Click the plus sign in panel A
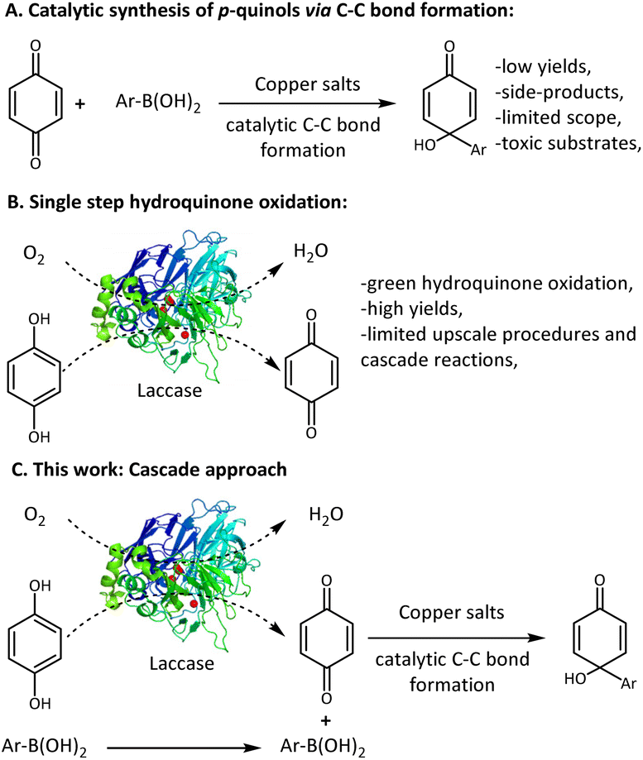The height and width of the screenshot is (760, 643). tap(80, 104)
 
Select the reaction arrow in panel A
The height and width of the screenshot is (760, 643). tap(307, 103)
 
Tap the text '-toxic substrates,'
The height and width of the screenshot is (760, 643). tap(568, 143)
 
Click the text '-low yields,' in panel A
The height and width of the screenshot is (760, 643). tap(543, 66)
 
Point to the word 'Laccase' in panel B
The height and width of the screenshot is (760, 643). tap(170, 390)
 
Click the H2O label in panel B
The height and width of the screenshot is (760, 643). tap(311, 251)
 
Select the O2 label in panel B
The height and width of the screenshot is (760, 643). tap(34, 254)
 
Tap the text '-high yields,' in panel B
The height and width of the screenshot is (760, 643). tap(411, 308)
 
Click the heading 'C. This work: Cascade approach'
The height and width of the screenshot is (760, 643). tap(149, 470)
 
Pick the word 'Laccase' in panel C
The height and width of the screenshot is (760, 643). tap(181, 663)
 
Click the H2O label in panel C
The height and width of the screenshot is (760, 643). tap(326, 514)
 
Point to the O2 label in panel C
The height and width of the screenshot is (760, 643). tap(35, 516)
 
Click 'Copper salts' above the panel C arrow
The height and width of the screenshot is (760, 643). tap(452, 613)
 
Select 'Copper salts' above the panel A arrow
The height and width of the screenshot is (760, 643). tap(308, 84)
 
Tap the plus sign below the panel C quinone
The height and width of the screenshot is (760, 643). tap(326, 721)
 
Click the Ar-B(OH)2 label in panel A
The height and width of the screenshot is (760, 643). tap(158, 103)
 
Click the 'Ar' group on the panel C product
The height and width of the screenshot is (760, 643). tap(628, 683)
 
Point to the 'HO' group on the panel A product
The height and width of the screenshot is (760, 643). tap(425, 145)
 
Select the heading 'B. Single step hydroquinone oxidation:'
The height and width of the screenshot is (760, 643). tap(177, 202)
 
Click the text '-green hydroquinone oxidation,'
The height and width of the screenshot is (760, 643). tap(497, 283)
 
